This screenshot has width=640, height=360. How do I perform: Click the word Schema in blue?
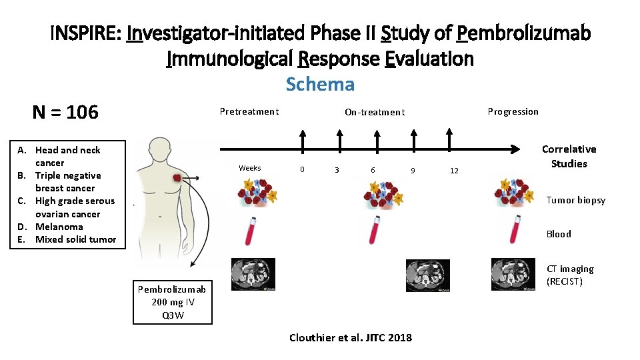(320, 85)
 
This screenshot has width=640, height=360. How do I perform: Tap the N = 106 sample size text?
(65, 112)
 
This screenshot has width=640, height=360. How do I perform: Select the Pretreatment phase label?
(249, 111)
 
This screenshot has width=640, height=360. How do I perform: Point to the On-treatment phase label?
(374, 112)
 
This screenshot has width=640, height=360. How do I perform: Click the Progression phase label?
(513, 111)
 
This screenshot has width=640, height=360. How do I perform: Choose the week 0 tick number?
(302, 170)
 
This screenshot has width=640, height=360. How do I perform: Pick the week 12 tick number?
(454, 171)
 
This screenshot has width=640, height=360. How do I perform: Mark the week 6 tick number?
(373, 170)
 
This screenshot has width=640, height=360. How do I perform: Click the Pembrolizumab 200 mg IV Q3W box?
(172, 302)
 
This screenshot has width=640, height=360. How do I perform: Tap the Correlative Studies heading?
(569, 156)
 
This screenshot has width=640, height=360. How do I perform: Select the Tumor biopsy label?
(576, 200)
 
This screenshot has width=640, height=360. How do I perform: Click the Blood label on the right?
(559, 233)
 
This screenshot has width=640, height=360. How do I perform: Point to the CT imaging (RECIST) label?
(570, 275)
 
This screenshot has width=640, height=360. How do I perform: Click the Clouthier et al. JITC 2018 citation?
(351, 337)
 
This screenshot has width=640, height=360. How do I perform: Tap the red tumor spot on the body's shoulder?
(177, 177)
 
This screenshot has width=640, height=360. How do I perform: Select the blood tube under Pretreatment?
(251, 230)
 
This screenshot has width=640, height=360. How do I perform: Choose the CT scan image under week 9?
(427, 274)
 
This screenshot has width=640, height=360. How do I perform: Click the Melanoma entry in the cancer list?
(59, 227)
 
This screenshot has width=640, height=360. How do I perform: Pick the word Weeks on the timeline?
(250, 168)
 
